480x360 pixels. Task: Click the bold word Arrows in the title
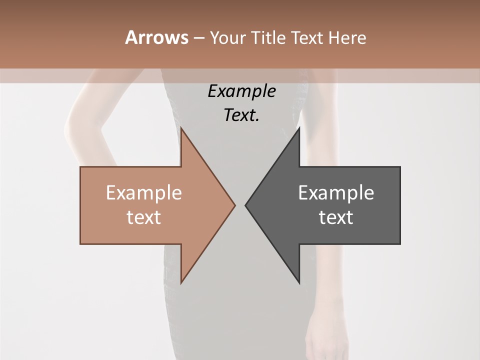[x=156, y=37]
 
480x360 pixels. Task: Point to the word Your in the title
[x=228, y=37]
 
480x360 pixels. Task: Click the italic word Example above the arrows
[x=242, y=91]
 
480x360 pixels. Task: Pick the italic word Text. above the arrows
[x=242, y=115]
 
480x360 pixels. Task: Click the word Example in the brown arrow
[x=144, y=193]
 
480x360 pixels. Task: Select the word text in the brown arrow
[x=144, y=217]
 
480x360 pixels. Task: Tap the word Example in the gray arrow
[x=336, y=193]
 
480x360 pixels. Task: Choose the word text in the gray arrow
[x=336, y=217]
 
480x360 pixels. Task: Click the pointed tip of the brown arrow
[x=235, y=205]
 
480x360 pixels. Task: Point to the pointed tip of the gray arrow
[x=245, y=205]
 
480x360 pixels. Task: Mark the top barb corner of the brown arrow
[x=181, y=128]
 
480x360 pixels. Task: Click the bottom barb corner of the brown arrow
[x=181, y=282]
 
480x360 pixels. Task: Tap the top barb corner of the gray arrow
[x=299, y=128]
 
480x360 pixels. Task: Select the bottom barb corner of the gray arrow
[x=299, y=282]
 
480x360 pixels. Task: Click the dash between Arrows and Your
[x=198, y=38]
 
